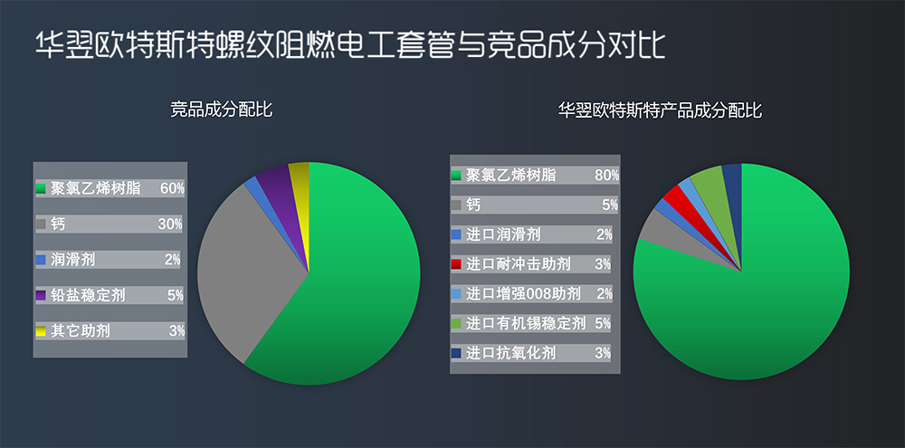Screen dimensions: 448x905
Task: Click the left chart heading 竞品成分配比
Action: [222, 110]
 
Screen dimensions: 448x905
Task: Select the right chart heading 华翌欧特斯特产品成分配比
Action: [660, 110]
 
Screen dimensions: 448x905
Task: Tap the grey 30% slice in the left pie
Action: [244, 262]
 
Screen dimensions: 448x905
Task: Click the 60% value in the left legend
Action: [172, 188]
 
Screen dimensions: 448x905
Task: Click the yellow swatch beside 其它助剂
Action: [41, 331]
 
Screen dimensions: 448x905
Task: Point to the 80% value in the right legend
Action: [606, 175]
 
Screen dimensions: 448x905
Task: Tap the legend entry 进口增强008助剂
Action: [526, 293]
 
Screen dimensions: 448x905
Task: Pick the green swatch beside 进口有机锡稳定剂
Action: [457, 323]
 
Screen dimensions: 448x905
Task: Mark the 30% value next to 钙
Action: [170, 224]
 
